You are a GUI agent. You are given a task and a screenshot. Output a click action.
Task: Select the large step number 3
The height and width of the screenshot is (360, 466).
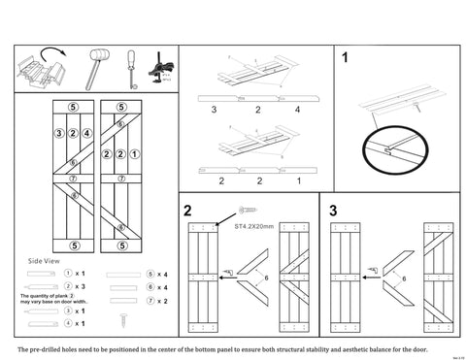pos(333,211)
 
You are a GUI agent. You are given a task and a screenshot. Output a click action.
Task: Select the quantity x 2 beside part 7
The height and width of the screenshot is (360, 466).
pos(163,302)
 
